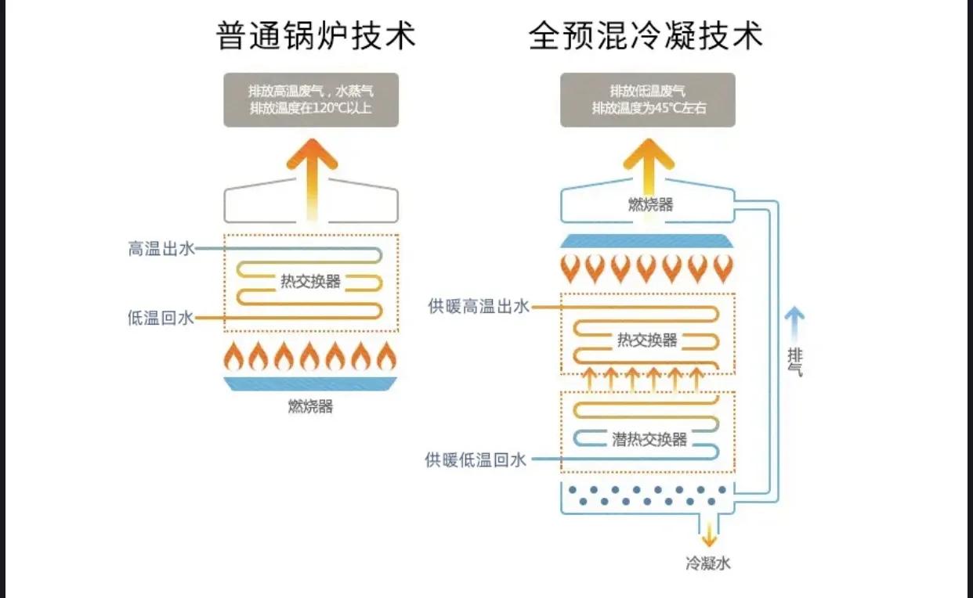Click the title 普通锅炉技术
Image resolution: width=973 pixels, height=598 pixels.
click(x=316, y=36)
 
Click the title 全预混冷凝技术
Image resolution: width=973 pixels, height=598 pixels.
click(x=646, y=36)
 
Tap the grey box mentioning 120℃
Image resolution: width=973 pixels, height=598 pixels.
click(x=311, y=99)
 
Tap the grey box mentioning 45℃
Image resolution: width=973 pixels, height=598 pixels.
click(x=647, y=99)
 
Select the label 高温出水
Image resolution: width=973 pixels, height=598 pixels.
click(x=161, y=250)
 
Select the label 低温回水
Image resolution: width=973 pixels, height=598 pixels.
click(x=161, y=319)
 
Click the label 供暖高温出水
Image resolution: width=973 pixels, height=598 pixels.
click(x=479, y=307)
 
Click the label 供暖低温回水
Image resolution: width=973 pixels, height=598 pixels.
click(x=476, y=459)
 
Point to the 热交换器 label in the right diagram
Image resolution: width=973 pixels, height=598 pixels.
click(x=646, y=340)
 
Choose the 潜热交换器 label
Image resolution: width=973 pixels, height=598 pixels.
click(x=649, y=439)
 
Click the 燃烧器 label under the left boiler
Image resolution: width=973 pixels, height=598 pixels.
click(x=310, y=406)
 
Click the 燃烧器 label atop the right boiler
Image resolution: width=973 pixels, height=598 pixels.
click(x=649, y=205)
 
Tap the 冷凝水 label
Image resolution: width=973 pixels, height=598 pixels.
click(x=708, y=563)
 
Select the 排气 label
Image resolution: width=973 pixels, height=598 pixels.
click(x=794, y=361)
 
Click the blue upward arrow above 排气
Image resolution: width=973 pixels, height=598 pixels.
click(x=794, y=322)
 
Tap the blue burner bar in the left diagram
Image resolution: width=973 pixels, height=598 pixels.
click(x=310, y=384)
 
